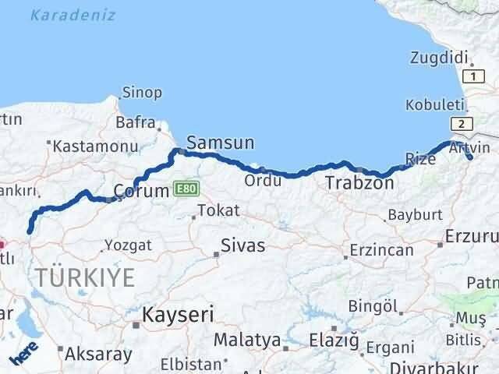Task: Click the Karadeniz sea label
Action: [74, 15]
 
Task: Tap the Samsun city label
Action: [221, 143]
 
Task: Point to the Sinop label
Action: [143, 93]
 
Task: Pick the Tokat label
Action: [218, 210]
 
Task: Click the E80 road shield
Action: [187, 189]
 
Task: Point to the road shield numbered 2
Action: [462, 125]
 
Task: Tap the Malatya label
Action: [247, 340]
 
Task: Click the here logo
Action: [24, 355]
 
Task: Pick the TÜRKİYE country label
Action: [83, 277]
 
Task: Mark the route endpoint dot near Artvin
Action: [469, 158]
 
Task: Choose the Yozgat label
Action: [129, 245]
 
